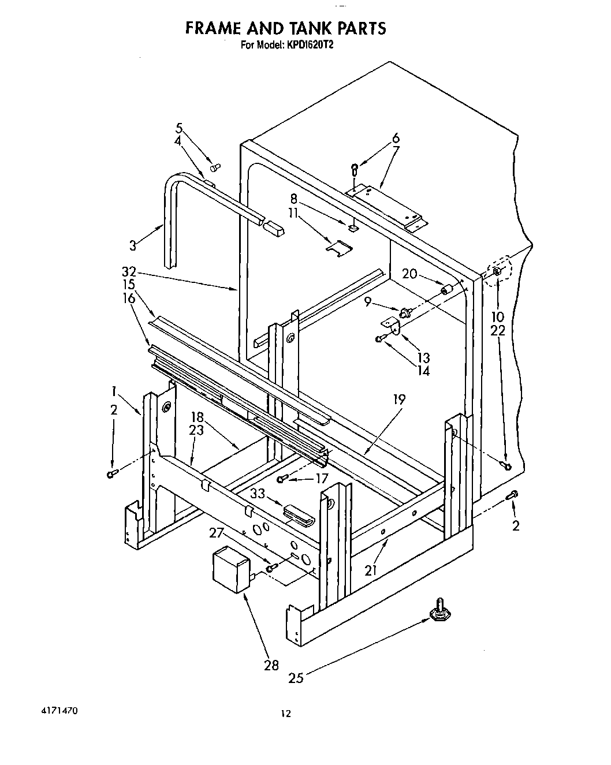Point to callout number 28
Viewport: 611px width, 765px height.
(x=271, y=665)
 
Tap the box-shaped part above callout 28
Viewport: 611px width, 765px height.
(x=230, y=570)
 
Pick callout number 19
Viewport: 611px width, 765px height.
(x=399, y=399)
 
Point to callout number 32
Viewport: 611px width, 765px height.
(x=129, y=271)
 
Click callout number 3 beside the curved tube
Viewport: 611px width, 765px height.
(x=133, y=245)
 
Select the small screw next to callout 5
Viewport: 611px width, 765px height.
(x=215, y=167)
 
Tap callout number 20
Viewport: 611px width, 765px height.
(x=409, y=274)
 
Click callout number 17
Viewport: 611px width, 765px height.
(x=322, y=479)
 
